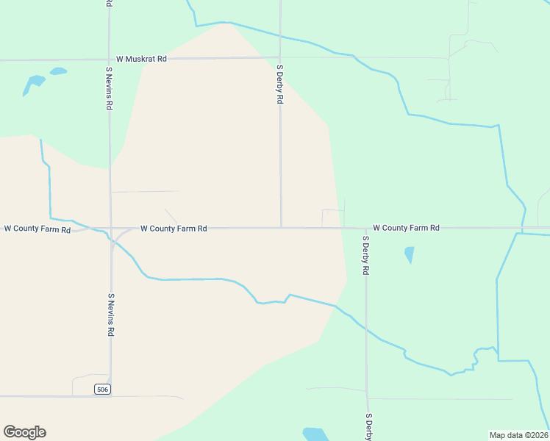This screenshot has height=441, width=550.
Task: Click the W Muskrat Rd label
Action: click(x=141, y=59)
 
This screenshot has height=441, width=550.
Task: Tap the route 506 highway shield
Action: click(x=103, y=389)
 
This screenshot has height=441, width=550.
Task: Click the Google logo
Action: click(x=24, y=432)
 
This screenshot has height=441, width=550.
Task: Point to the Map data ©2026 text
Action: click(x=519, y=435)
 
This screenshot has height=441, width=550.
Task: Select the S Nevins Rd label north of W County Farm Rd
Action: click(x=109, y=88)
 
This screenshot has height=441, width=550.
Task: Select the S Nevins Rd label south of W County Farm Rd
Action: click(x=111, y=315)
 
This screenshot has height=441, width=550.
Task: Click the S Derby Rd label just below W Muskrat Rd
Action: click(x=279, y=84)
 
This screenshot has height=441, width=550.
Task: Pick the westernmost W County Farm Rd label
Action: click(x=37, y=229)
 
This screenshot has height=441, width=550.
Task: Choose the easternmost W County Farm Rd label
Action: click(x=406, y=228)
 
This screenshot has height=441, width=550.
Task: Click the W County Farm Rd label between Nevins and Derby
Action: click(x=174, y=229)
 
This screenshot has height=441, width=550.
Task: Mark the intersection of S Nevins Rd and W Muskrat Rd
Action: click(x=110, y=59)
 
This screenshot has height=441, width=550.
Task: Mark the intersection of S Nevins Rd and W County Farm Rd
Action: click(x=110, y=229)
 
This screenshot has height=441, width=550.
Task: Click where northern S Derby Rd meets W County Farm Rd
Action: click(x=280, y=228)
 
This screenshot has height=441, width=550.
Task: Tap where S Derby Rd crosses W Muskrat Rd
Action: click(x=279, y=57)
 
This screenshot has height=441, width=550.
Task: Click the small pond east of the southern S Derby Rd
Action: click(x=409, y=254)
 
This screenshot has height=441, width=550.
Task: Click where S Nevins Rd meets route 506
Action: click(x=110, y=396)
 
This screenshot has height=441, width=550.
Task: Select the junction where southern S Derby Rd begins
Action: click(x=365, y=228)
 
